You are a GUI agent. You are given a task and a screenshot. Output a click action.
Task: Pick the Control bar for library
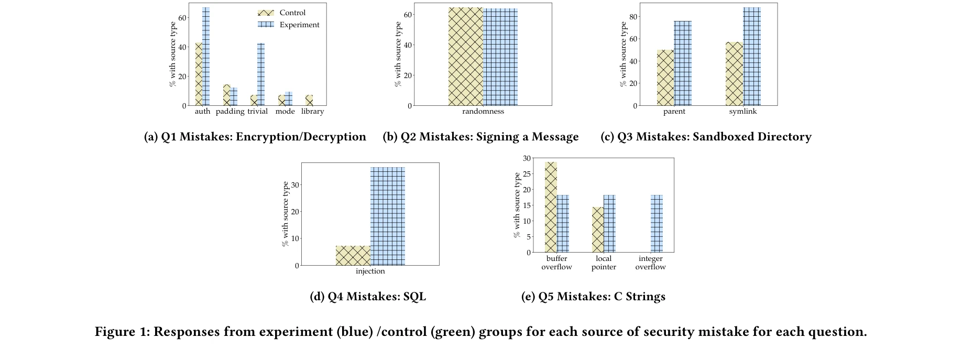tap(309, 100)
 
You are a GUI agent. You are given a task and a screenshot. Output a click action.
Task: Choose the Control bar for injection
tap(353, 256)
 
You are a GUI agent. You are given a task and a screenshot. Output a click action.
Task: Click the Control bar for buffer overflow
tap(551, 207)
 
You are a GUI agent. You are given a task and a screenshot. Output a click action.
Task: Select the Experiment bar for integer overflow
tap(657, 224)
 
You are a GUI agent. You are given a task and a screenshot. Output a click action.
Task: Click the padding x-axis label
tap(230, 111)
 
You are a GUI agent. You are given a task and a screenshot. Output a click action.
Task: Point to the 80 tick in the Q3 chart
tap(633, 17)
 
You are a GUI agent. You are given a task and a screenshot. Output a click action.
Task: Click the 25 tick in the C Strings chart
tap(527, 173)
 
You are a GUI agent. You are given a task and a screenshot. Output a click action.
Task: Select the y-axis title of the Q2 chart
tap(398, 54)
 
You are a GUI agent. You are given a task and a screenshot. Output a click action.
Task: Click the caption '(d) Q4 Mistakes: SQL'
tap(368, 297)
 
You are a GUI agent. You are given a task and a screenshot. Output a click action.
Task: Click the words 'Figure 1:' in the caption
tap(122, 332)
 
